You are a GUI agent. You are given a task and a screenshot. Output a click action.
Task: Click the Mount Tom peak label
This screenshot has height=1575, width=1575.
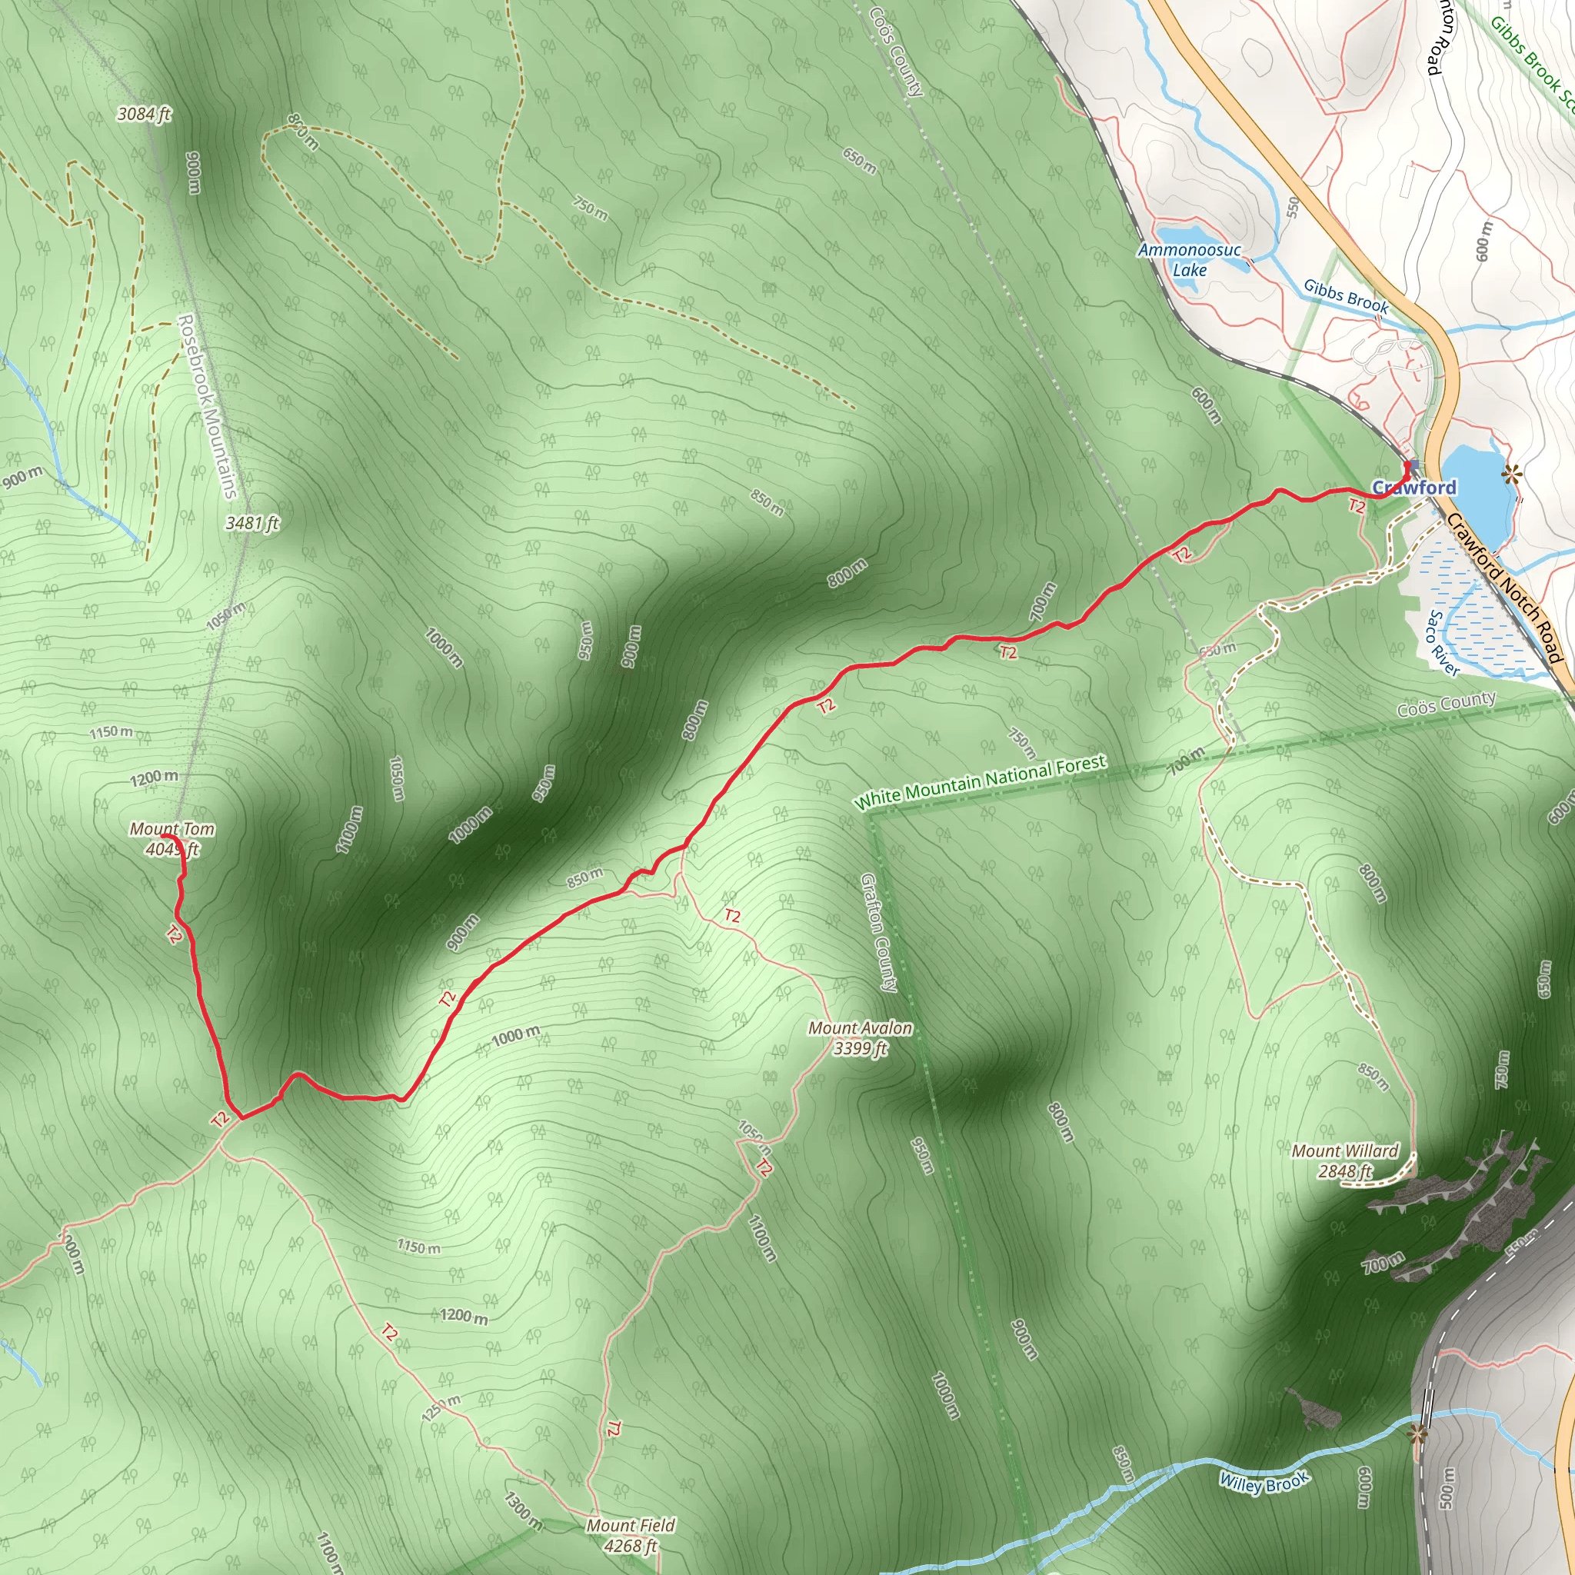[x=172, y=839]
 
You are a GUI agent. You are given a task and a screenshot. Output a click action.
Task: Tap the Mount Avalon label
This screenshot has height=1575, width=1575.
[x=860, y=1037]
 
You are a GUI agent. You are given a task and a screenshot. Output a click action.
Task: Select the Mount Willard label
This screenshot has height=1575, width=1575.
[x=1345, y=1160]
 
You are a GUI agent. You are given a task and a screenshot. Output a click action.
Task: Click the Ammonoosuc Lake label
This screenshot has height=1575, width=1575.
[x=1190, y=259]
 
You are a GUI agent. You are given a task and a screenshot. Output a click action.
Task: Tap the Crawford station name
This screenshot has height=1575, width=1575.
[x=1414, y=488]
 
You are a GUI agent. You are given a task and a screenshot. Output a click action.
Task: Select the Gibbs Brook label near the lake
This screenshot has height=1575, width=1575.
[x=1345, y=295]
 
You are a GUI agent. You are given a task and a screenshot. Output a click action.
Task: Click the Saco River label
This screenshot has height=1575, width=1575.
[x=1441, y=643]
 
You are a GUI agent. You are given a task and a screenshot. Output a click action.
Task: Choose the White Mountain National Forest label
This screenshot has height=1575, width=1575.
[x=979, y=782]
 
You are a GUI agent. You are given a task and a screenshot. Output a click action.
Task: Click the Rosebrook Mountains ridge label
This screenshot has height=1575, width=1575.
[x=207, y=407]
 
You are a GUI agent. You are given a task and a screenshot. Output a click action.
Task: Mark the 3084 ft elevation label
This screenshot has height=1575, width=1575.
[x=145, y=114]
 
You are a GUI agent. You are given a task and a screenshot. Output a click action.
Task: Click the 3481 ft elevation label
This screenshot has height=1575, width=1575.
[x=253, y=522]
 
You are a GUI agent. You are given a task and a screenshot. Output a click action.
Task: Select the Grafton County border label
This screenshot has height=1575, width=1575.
[x=880, y=933]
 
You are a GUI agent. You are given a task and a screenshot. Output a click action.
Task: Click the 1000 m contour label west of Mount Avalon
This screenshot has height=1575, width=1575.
[x=515, y=1036]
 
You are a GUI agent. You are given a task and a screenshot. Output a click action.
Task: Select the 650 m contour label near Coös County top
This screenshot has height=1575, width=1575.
[x=860, y=161]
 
